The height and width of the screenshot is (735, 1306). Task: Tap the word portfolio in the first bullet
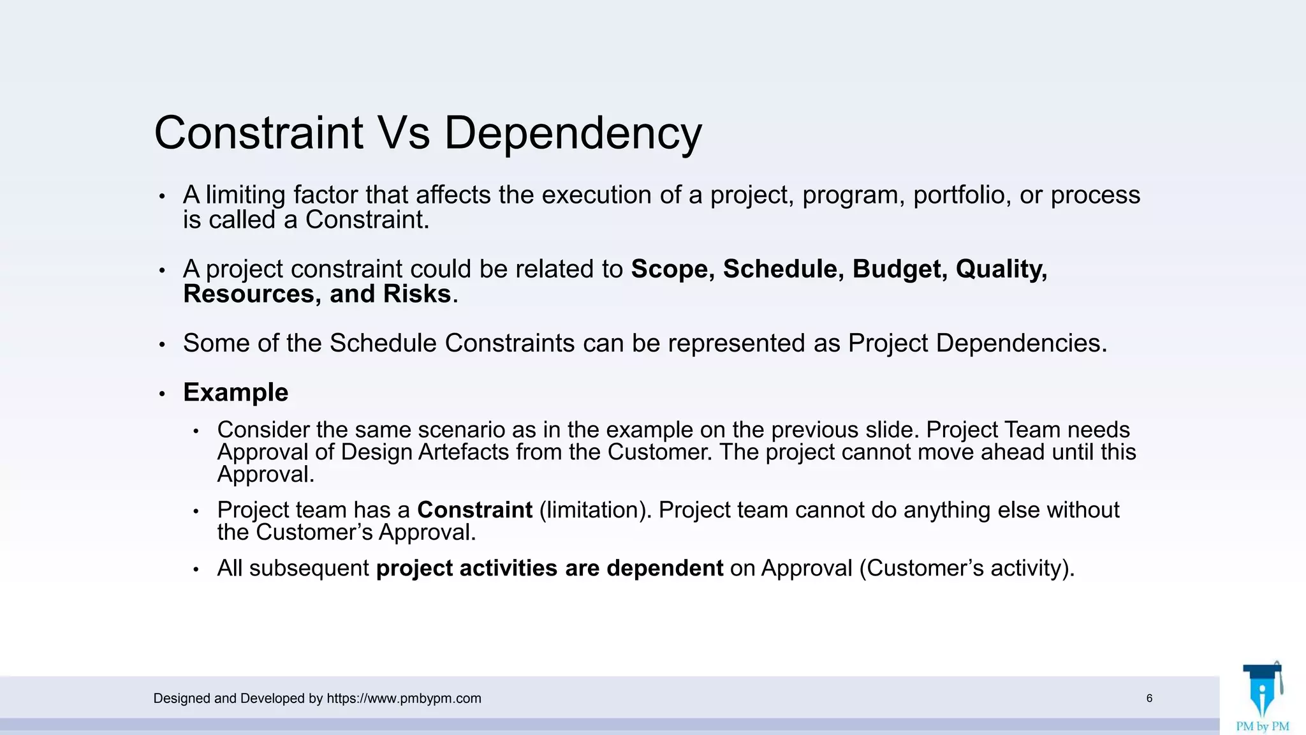(x=962, y=195)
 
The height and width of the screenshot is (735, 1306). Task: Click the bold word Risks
(x=417, y=294)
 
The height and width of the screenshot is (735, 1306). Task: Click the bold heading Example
(x=235, y=392)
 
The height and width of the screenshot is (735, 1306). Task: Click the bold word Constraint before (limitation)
(x=474, y=510)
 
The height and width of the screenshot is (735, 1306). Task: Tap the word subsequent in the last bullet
(x=309, y=568)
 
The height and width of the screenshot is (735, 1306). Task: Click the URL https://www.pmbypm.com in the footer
(x=404, y=699)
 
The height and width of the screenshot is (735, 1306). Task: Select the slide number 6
(x=1149, y=699)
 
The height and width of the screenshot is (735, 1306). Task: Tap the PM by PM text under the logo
(x=1262, y=726)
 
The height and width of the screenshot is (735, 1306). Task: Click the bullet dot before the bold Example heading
(x=162, y=394)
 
